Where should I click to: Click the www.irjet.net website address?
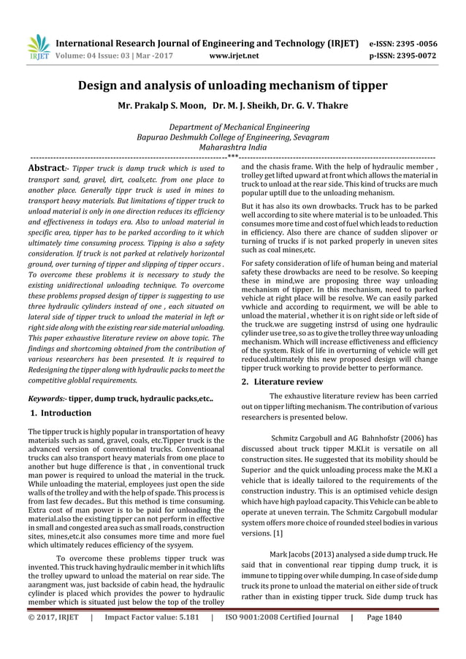click(231, 54)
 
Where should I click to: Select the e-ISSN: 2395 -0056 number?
click(400, 42)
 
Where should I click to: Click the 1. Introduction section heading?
click(61, 414)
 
